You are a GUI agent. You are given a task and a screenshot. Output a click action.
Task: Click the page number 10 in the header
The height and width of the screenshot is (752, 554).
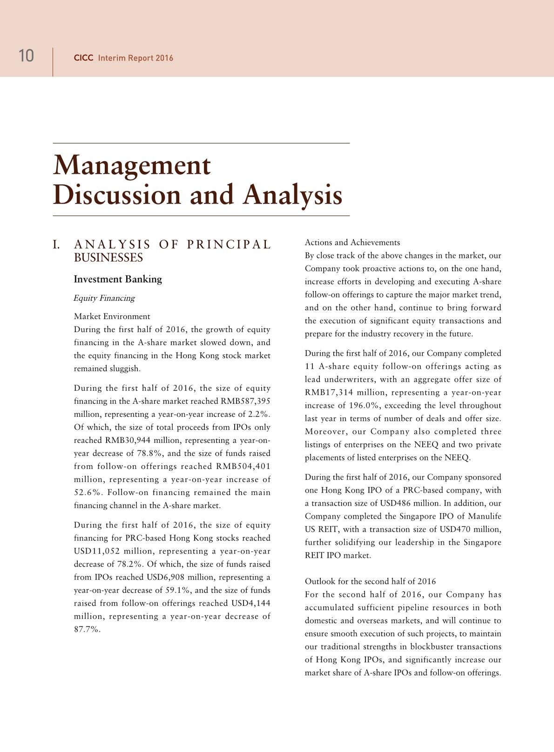point(26,56)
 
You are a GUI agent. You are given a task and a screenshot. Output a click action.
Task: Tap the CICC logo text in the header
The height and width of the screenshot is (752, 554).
point(83,58)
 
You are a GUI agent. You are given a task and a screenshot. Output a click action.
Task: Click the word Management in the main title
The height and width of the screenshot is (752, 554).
point(132,165)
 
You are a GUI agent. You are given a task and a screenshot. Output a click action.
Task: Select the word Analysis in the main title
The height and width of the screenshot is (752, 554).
point(292,195)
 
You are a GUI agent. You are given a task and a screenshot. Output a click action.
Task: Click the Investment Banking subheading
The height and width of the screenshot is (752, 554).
point(118,279)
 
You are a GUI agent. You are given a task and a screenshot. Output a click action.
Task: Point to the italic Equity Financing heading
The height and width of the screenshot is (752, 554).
point(104,298)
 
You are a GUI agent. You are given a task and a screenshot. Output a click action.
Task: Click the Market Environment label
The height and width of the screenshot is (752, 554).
point(112,317)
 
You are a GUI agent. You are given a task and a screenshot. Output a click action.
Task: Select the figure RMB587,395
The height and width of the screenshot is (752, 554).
point(245,401)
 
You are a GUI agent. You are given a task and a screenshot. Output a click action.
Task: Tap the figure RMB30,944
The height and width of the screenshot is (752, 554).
point(128,440)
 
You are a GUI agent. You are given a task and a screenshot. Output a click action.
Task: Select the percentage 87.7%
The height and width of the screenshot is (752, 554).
point(87,630)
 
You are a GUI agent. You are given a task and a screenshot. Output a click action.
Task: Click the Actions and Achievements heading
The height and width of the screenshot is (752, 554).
point(352,243)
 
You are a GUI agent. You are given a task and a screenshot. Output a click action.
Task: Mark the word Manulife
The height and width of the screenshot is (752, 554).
point(483,516)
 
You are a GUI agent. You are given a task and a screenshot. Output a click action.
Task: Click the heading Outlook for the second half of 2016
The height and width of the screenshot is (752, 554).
point(370,582)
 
